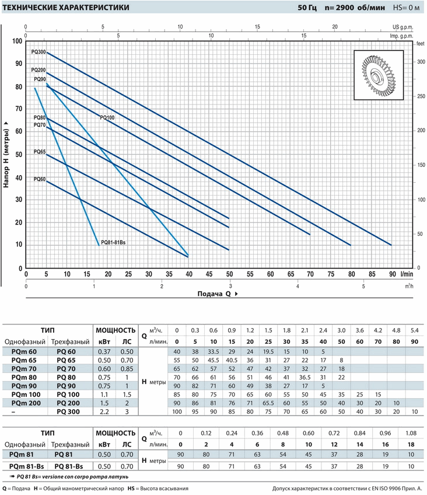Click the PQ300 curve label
click(39, 52)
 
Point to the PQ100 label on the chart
click(107, 117)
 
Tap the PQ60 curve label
click(39, 179)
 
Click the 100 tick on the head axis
click(17, 41)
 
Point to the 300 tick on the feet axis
click(421, 62)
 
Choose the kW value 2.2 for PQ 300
click(105, 412)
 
